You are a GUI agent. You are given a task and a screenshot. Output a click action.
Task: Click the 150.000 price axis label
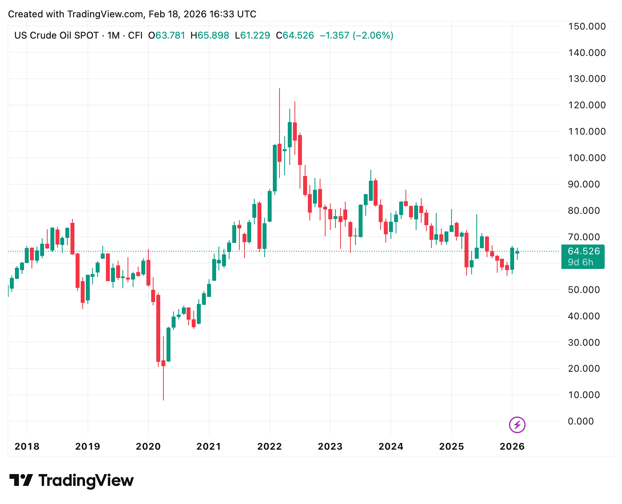click(587, 26)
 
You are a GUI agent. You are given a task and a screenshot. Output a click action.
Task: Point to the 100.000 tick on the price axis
click(587, 158)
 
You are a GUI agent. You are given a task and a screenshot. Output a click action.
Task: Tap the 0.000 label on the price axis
click(581, 421)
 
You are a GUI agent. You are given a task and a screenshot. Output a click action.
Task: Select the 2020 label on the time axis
click(148, 447)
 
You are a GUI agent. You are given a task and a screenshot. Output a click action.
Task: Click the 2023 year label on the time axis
click(330, 447)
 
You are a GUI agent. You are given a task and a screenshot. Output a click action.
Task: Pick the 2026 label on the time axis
click(512, 447)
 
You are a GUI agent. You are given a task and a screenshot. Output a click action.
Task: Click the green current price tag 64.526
click(583, 251)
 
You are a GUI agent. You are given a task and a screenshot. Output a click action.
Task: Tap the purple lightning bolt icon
click(517, 425)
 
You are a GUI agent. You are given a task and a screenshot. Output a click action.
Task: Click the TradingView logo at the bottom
click(72, 480)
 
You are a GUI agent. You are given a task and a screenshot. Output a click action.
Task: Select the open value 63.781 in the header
click(170, 35)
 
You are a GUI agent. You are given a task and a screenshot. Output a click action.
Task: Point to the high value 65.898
click(213, 35)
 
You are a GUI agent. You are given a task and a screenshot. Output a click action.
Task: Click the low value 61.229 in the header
click(255, 35)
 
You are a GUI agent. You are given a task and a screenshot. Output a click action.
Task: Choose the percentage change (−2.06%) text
click(373, 35)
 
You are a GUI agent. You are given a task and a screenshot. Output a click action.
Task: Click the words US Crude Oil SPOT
click(56, 35)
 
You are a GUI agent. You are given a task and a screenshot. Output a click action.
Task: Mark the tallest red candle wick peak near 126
click(280, 89)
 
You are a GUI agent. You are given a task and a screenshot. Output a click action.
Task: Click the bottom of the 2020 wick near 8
click(163, 400)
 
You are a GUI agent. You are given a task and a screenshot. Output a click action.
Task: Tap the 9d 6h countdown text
click(580, 262)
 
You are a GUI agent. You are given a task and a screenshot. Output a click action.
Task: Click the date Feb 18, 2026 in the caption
click(178, 14)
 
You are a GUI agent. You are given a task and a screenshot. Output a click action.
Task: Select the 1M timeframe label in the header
click(113, 35)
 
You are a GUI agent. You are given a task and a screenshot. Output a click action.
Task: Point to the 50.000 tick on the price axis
click(583, 290)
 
